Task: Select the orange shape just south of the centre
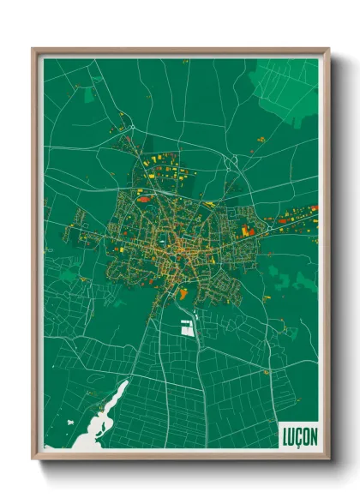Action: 183,292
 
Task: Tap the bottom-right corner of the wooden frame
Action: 328,458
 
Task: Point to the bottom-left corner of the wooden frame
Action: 33,458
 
